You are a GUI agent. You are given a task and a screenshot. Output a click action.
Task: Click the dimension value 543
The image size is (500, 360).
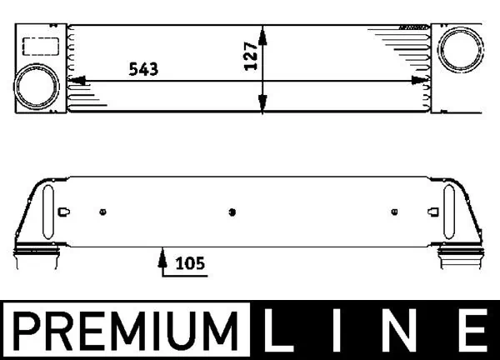pos(142,68)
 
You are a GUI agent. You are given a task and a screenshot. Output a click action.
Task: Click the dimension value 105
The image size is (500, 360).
pos(190,264)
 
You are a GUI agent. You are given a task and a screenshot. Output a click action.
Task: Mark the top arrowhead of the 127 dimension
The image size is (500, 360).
pos(263,32)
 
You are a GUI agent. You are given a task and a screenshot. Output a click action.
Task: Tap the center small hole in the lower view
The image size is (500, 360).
pos(232,211)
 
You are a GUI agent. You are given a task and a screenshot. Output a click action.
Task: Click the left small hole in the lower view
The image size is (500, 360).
pos(102,211)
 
